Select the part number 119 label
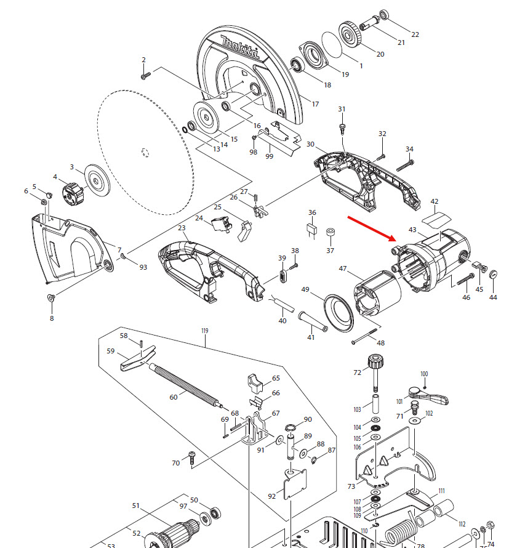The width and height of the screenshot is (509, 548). click(x=205, y=331)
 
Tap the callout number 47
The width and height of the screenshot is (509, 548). click(x=343, y=268)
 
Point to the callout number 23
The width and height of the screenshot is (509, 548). click(x=182, y=228)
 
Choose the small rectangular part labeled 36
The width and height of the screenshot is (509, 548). click(x=312, y=230)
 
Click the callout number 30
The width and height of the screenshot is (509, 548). click(x=310, y=145)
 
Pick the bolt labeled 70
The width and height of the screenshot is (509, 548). click(x=191, y=458)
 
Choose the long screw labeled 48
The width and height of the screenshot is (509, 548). click(x=364, y=337)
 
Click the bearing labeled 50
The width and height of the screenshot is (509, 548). click(x=215, y=513)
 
